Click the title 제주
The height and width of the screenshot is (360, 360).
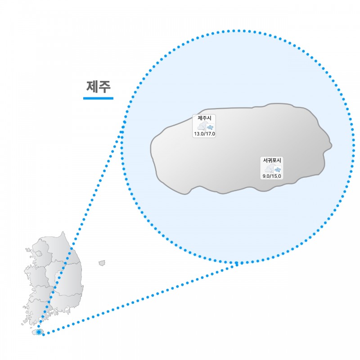(99, 86)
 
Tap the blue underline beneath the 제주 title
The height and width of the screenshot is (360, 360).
(98, 98)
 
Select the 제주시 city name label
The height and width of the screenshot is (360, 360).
(204, 118)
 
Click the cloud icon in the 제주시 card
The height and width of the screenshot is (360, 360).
(202, 126)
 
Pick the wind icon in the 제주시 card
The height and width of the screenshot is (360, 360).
(210, 127)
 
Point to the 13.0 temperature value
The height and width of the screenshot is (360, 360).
(199, 134)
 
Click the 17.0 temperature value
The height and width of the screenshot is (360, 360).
(210, 134)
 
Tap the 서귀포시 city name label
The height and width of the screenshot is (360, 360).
(272, 160)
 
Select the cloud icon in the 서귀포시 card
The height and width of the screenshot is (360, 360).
(269, 169)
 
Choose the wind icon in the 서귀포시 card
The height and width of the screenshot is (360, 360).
(278, 170)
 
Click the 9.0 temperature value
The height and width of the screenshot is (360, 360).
(266, 176)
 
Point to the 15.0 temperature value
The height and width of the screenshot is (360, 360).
(276, 176)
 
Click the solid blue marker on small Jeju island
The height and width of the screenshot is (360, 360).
(39, 332)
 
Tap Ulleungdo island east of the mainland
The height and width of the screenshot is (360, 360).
(102, 263)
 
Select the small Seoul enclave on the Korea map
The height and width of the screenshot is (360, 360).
(39, 253)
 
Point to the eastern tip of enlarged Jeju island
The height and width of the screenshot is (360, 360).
(332, 145)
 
